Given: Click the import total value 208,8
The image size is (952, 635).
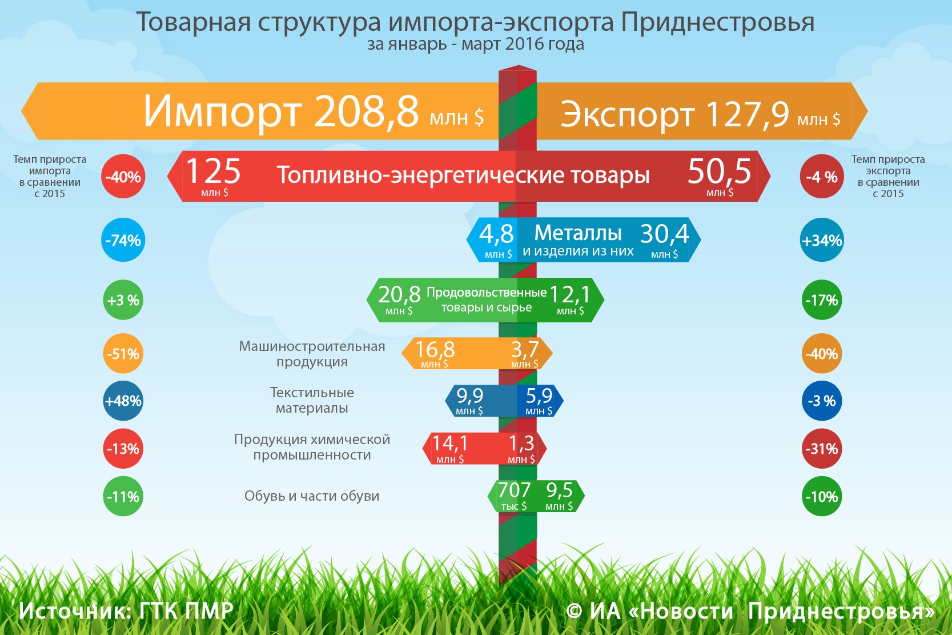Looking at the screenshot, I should tap(366, 110).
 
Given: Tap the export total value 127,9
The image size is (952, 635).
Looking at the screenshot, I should tap(748, 114).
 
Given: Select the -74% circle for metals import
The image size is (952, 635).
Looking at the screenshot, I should tap(123, 240).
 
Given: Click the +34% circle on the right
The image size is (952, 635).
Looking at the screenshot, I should tap(822, 240).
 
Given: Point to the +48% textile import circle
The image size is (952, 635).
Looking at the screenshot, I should tap(123, 401).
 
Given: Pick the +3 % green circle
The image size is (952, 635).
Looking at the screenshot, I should tap(123, 300).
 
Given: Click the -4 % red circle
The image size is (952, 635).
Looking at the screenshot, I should tap(822, 177).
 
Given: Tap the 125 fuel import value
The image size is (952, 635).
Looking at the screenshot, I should tap(213, 171).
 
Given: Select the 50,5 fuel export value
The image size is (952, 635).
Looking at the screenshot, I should tap(719, 171).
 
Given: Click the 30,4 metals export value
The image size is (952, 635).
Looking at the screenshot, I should tap(664, 233).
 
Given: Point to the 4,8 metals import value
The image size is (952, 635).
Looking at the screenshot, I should tap(496, 233).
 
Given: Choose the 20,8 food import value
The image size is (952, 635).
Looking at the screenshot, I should tap(399, 294).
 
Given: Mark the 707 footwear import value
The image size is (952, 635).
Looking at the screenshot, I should tap(514, 490).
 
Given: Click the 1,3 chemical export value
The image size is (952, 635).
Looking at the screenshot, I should tap(521, 443).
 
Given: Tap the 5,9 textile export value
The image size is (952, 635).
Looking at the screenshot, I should tap(539, 396).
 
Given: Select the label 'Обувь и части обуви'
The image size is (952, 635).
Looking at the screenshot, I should tap(312, 496).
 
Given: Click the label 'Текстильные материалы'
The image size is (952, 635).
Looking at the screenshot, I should tap(312, 400).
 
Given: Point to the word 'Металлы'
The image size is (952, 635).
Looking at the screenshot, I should tap(578, 233).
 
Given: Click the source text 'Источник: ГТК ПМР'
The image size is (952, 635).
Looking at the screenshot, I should tap(126, 611).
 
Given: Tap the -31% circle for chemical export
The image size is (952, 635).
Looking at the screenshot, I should tap(822, 449).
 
